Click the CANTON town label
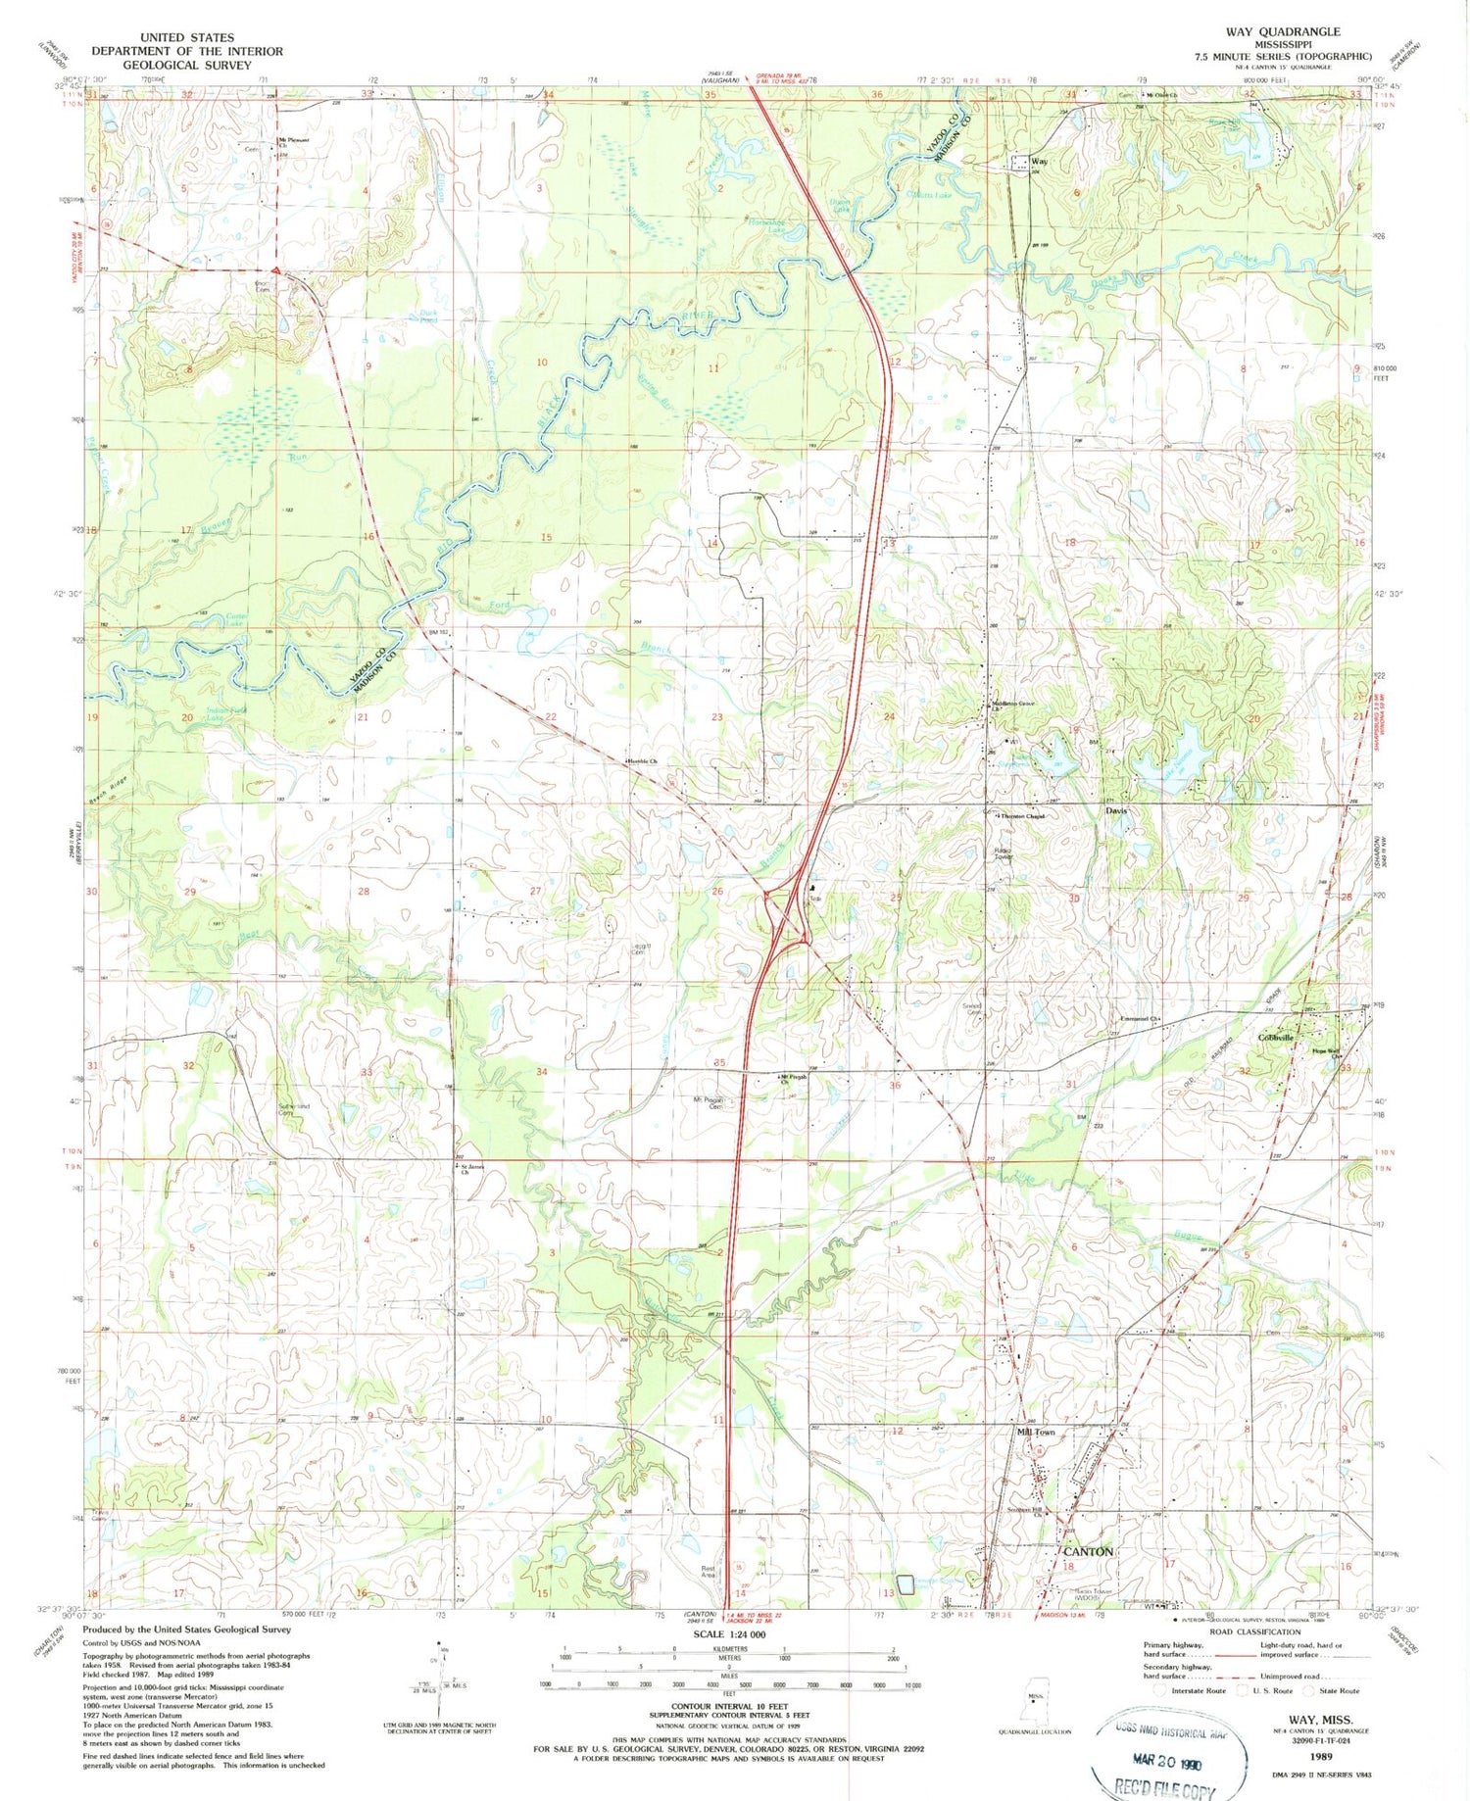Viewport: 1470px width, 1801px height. (x=1089, y=1551)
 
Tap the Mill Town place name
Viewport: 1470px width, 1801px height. (x=1037, y=1432)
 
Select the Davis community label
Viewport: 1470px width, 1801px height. (x=1116, y=811)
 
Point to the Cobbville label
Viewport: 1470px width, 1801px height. (x=1276, y=1037)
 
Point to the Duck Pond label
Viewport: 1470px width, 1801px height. (x=427, y=316)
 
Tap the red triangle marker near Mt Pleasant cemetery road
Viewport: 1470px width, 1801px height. (x=277, y=270)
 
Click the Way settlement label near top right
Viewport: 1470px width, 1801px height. (x=1040, y=162)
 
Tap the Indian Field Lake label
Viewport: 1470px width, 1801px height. (x=224, y=714)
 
